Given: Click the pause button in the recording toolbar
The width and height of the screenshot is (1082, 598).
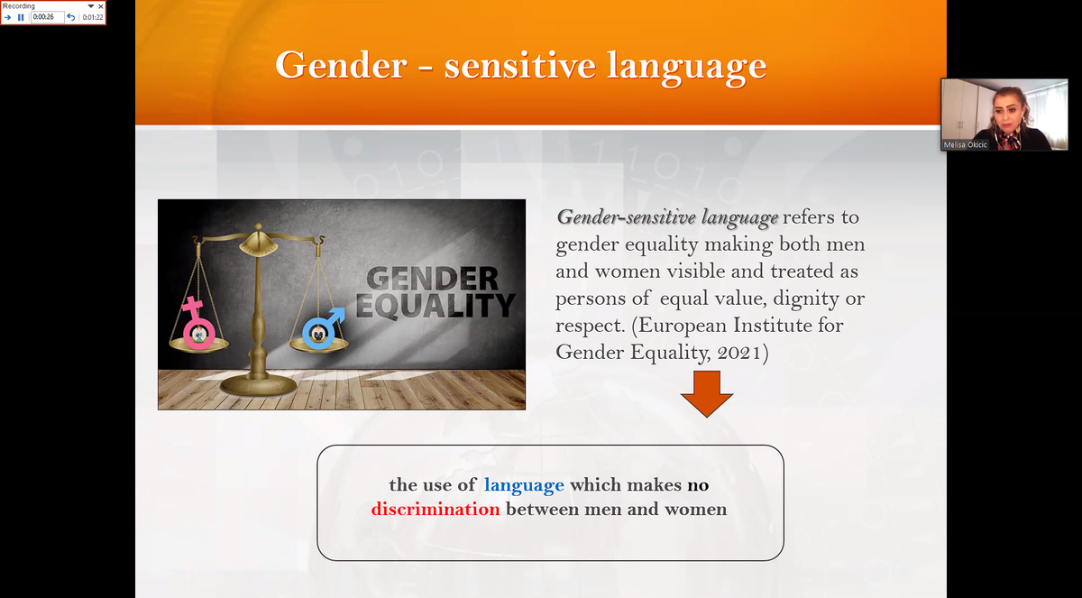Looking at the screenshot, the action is [x=21, y=17].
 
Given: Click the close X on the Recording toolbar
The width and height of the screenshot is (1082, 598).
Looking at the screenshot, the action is [x=100, y=6].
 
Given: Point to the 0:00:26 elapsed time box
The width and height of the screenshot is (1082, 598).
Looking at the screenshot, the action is [x=47, y=17].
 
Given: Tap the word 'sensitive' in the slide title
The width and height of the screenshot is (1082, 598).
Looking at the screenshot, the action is [x=519, y=65].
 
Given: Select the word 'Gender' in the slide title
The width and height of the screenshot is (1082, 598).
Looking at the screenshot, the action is [x=341, y=65].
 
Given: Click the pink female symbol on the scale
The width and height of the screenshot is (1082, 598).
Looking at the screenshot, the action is [x=197, y=323].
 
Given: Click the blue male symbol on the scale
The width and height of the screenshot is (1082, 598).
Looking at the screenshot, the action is [x=322, y=328].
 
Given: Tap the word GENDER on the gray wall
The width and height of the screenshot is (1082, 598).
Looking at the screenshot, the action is [x=432, y=280].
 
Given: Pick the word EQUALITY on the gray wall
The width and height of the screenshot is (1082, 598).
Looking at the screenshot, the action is [x=436, y=307].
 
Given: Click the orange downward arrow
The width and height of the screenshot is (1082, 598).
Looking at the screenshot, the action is [x=707, y=393].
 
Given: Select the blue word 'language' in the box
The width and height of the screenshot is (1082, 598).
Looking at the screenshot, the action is [x=524, y=485].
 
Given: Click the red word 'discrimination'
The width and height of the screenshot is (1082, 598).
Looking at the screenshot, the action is [x=436, y=509].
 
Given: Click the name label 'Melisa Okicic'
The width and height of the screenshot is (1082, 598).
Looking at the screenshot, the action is [x=965, y=145].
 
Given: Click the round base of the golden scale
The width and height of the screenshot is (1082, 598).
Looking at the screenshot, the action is [x=259, y=385].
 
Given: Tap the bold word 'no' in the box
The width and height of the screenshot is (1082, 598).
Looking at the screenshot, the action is [x=698, y=485].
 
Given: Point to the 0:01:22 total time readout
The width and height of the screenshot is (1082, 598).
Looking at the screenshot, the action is [x=93, y=17].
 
